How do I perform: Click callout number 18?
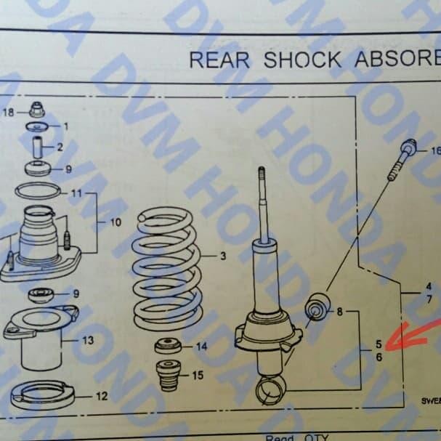(x=9, y=112)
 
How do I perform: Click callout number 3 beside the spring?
(x=223, y=256)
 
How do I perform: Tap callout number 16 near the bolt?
(x=435, y=151)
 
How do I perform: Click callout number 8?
(x=339, y=312)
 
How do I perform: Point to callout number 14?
(x=201, y=347)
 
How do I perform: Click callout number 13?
(x=88, y=340)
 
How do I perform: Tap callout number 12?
(x=102, y=397)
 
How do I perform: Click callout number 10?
(x=116, y=222)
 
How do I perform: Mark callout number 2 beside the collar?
(x=60, y=147)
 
